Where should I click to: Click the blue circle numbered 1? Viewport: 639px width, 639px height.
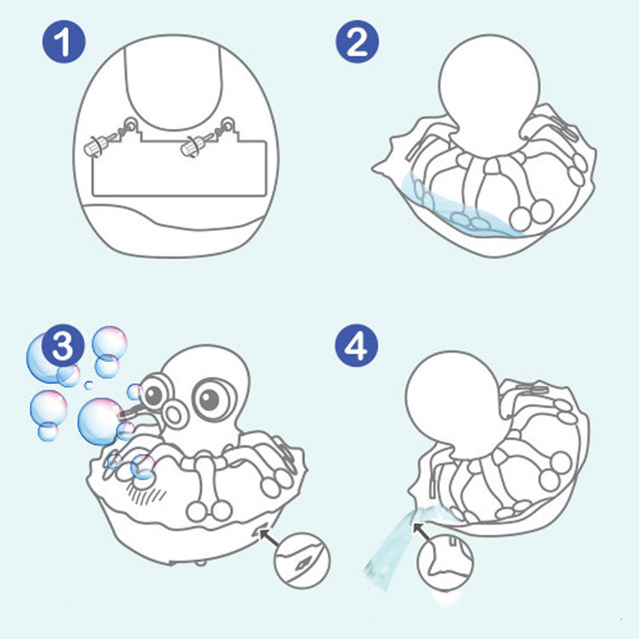tap(64, 42)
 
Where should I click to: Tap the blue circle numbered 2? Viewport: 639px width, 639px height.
tap(357, 42)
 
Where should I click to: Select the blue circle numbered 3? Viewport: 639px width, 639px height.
tap(63, 346)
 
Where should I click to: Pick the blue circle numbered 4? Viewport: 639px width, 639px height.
tap(356, 346)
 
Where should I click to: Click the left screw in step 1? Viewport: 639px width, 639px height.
tap(98, 145)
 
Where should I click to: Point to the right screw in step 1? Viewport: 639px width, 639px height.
tap(196, 146)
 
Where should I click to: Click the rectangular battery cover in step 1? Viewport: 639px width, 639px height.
tap(179, 167)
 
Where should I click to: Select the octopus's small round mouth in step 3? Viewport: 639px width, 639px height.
tap(174, 416)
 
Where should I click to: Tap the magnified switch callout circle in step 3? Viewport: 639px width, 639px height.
tap(302, 561)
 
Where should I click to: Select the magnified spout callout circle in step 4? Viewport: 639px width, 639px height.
tap(446, 562)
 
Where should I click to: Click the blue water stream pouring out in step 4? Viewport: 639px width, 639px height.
tap(392, 542)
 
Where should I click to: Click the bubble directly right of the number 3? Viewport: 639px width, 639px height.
tap(109, 343)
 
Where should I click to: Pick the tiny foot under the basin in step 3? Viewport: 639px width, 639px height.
tap(199, 563)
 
